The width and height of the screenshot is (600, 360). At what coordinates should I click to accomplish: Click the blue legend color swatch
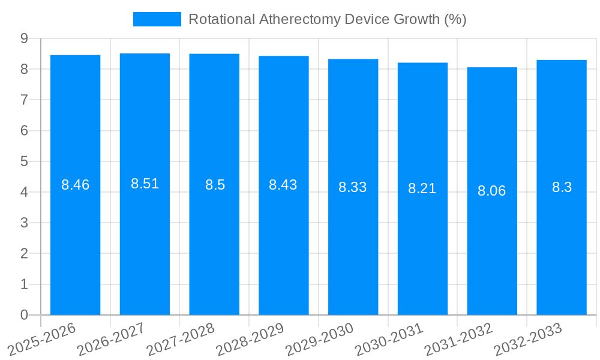tap(157, 19)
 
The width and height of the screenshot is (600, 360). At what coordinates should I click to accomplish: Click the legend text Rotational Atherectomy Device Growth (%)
tap(327, 19)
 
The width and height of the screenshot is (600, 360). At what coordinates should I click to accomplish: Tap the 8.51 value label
tap(145, 184)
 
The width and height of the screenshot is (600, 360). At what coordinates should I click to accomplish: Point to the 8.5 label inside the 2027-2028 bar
tap(215, 185)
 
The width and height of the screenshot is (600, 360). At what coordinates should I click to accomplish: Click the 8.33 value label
tap(352, 187)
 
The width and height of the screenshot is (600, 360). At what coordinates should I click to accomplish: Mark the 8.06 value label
tap(491, 191)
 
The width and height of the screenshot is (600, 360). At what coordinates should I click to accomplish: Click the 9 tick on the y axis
tap(24, 38)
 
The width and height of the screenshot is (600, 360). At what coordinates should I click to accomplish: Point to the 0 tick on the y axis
tap(24, 315)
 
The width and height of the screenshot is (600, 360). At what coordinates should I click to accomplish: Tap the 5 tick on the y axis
tap(24, 161)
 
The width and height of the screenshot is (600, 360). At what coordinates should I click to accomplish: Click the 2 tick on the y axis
tap(24, 254)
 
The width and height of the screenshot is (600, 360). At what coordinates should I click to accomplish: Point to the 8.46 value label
tap(75, 185)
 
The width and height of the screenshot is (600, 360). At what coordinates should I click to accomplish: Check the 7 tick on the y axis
tap(24, 100)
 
